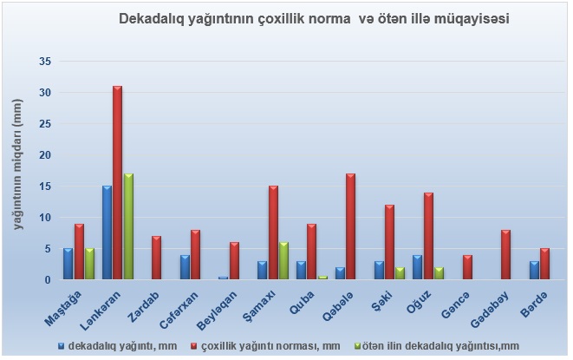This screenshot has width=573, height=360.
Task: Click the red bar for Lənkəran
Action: point(117,183)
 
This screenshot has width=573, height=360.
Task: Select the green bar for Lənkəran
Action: point(128,226)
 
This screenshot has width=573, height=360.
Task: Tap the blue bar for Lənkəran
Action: point(106,232)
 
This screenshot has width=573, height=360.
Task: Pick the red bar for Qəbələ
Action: point(350,226)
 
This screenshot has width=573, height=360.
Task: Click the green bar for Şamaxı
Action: point(283,261)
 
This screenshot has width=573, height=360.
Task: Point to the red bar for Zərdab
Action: point(156,258)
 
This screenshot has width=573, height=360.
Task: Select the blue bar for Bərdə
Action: point(533,271)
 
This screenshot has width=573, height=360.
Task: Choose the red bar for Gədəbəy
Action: point(505,255)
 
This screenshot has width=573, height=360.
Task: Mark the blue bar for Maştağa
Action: point(68,264)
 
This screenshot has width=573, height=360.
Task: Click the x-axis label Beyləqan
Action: point(224,305)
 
